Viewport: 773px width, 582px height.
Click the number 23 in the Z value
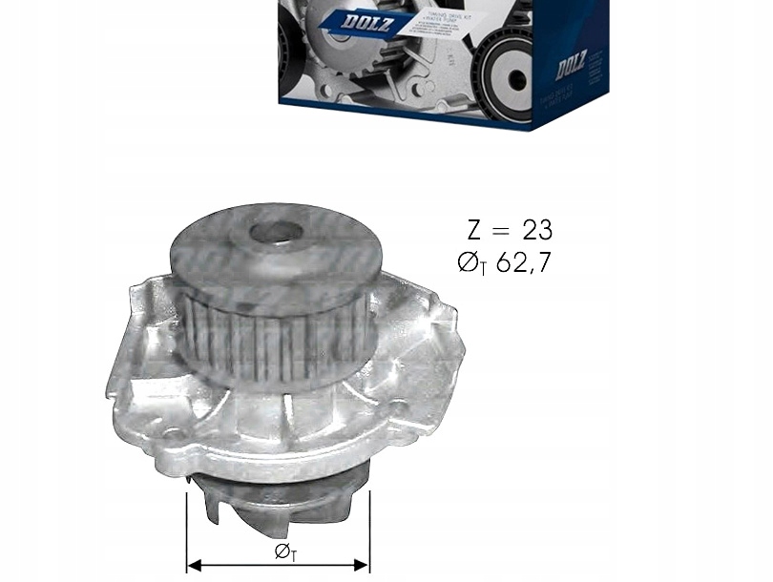[x=537, y=230]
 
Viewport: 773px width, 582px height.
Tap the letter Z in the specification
[x=474, y=230]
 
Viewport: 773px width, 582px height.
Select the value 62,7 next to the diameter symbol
[x=523, y=262]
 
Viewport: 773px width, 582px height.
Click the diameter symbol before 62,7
[x=469, y=262]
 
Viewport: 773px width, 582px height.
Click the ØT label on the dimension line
[x=285, y=551]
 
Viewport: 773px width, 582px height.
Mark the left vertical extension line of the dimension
[x=186, y=530]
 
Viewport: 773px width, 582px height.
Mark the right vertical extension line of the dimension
[x=369, y=530]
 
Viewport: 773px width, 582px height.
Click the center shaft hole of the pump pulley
[x=276, y=232]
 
